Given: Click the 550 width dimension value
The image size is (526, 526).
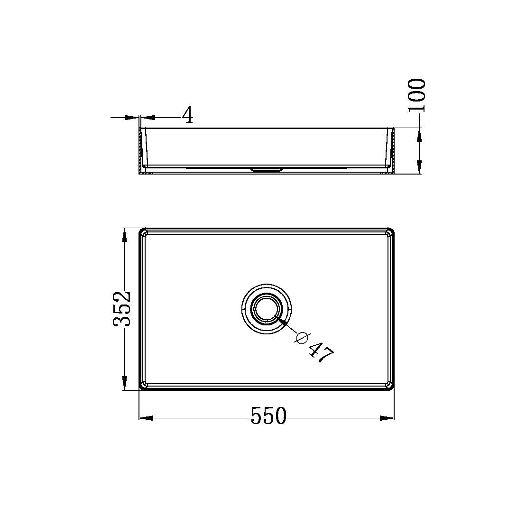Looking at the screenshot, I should (268, 416).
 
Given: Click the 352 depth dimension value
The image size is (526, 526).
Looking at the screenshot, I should (121, 308).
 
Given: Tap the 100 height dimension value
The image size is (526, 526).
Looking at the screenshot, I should (417, 95).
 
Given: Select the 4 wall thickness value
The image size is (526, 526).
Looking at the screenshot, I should (188, 115).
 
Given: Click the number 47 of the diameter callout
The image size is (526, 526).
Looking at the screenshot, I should (321, 353).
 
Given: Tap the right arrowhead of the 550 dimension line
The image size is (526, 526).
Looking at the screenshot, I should (388, 418).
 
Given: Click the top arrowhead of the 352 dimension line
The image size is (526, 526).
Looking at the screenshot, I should (124, 235).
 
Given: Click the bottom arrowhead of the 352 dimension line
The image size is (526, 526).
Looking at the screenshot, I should (124, 383).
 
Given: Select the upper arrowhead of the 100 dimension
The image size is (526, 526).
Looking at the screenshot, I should (419, 135).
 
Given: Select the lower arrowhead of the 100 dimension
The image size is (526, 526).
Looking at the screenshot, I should (419, 167).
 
